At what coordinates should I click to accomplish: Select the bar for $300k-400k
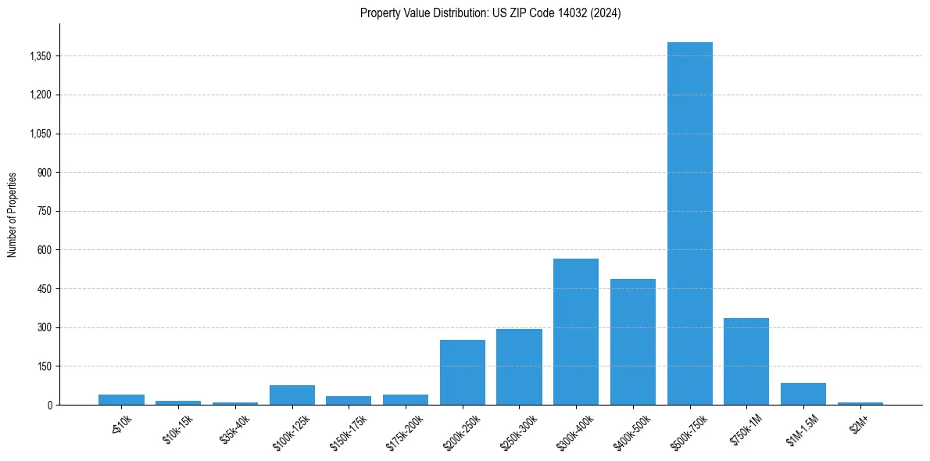click(x=576, y=331)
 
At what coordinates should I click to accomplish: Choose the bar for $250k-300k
click(x=519, y=366)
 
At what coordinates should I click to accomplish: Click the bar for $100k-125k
click(x=292, y=395)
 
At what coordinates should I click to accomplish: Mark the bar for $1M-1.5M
click(x=803, y=394)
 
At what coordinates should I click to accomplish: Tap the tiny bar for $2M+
click(x=860, y=403)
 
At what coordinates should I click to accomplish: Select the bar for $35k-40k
click(x=235, y=403)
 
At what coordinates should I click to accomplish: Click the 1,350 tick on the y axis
click(x=40, y=56)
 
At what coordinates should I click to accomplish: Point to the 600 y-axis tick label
click(x=45, y=250)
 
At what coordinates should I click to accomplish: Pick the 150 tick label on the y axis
click(x=45, y=366)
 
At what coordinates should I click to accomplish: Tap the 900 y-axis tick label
click(x=45, y=173)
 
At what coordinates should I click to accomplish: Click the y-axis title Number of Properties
click(x=12, y=215)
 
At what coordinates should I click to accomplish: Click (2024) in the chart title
click(x=606, y=13)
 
